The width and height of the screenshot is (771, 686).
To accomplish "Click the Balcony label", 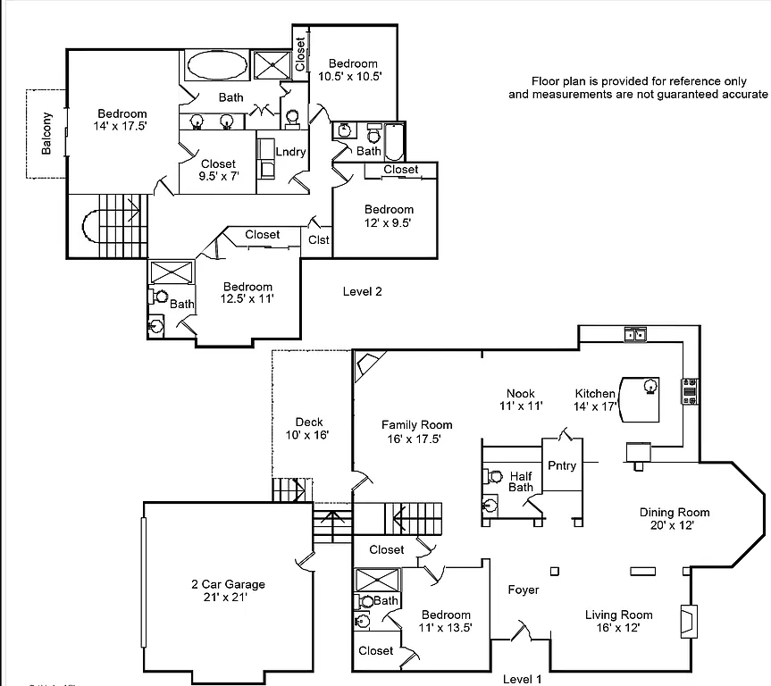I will point(46,133).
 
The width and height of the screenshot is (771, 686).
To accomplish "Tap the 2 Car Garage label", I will point(228,590).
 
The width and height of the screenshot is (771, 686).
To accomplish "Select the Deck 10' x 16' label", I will point(309,429).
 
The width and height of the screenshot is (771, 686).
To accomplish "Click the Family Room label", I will point(416,431).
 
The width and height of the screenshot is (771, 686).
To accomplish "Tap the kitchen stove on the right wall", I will point(691,392).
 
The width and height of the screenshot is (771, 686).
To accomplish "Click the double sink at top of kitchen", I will point(636,335).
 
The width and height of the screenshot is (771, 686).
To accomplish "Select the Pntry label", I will point(562,465).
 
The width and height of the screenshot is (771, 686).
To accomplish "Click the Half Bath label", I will point(521,481).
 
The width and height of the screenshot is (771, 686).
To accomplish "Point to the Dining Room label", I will point(675,518).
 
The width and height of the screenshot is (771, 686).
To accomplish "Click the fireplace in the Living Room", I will point(688,620).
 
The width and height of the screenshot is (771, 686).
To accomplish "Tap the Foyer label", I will point(523,590).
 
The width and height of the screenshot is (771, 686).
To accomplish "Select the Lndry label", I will point(290,152).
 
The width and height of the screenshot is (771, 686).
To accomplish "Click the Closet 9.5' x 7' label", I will point(218,170).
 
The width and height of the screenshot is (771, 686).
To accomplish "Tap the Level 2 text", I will point(363,291).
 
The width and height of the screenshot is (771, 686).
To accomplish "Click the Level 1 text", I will point(523,679).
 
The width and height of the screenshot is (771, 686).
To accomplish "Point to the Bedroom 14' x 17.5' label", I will point(122,120).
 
